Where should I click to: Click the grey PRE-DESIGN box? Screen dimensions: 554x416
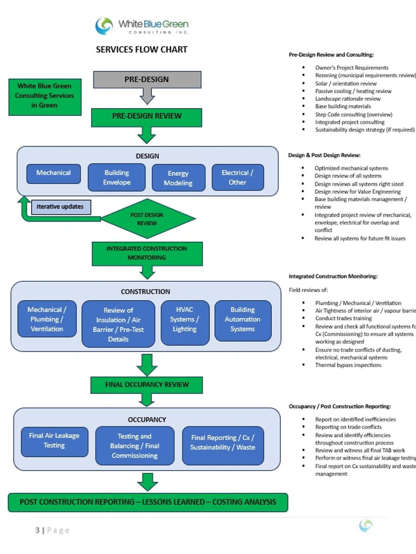[x=147, y=79]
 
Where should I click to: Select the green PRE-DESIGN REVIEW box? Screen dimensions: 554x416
[x=147, y=116]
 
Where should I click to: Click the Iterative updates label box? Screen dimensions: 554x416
[x=60, y=207]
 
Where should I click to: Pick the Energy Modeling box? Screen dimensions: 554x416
[x=178, y=178]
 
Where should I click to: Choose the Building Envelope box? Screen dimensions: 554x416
[x=116, y=178]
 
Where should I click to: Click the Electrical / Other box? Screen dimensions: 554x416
[x=238, y=178]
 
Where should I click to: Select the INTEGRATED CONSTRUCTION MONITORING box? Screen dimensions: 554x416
[x=147, y=253]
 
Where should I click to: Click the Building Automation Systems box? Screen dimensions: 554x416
[x=243, y=320]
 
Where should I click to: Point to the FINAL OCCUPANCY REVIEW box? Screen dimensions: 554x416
[x=147, y=385]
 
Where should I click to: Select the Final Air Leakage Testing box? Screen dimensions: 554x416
[x=54, y=441]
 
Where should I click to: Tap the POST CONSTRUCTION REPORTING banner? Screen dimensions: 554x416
[x=148, y=502]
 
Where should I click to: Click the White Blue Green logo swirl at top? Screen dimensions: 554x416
[x=104, y=26]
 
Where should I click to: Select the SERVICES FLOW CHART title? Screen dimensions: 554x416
[x=142, y=50]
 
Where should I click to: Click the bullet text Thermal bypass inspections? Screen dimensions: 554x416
[x=348, y=365]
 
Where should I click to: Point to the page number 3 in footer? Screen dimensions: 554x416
[x=37, y=530]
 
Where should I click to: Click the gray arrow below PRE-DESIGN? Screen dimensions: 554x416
[x=147, y=97]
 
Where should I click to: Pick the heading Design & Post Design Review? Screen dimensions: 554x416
[x=324, y=155]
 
